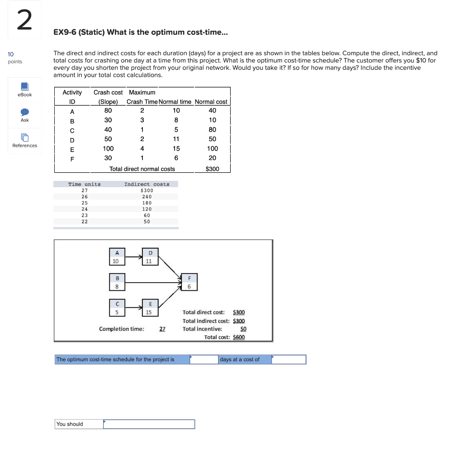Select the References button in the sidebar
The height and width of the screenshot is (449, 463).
pos(24,140)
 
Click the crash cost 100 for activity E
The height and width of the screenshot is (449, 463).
pos(108,148)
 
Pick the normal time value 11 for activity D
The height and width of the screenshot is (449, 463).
pos(176,139)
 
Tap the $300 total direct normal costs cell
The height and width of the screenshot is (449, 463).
pos(212,169)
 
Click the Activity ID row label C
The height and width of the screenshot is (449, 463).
pos(72,130)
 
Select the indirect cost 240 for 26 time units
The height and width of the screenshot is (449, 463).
pos(147,197)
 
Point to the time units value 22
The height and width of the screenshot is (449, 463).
pos(85,222)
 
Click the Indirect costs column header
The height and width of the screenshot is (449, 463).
pos(147,184)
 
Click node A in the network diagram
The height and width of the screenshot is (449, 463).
pos(116,257)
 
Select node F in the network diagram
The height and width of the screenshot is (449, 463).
pos(189,282)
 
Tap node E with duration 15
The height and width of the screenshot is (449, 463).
pos(149,307)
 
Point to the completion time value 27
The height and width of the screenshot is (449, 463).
pos(162,329)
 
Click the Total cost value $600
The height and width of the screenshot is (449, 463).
pos(239,337)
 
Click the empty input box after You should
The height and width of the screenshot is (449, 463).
pos(149,424)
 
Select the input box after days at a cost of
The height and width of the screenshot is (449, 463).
pos(289,359)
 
